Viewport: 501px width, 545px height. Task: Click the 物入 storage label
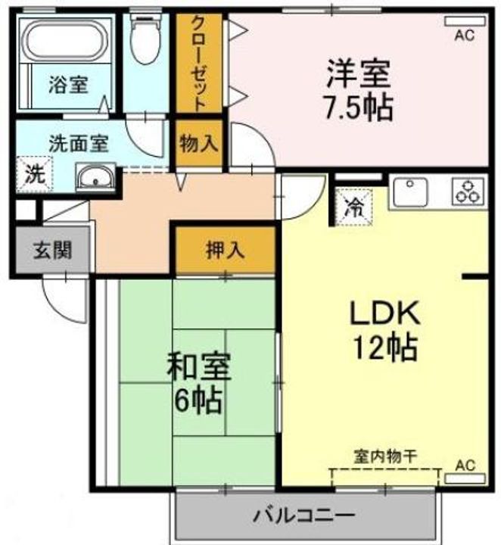(x=199, y=143)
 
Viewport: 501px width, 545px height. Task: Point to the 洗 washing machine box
(x=34, y=175)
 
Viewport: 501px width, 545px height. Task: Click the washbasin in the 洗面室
(x=95, y=177)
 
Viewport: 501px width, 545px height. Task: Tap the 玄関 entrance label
(x=53, y=251)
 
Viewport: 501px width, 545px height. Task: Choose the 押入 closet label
(x=225, y=250)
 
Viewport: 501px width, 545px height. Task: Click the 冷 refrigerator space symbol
(x=353, y=207)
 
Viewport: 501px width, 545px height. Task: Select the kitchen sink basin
(x=410, y=192)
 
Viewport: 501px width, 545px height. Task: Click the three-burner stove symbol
(x=468, y=192)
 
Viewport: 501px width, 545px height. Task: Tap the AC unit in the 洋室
(x=465, y=21)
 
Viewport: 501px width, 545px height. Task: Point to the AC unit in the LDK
(x=465, y=479)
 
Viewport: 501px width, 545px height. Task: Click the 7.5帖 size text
(x=358, y=107)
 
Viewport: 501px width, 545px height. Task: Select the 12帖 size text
(x=385, y=347)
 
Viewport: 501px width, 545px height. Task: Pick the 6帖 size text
(x=198, y=400)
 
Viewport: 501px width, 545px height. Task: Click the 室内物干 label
(x=385, y=457)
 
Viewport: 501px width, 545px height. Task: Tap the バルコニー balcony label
(x=304, y=515)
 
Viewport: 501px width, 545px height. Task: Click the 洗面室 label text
(x=79, y=144)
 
